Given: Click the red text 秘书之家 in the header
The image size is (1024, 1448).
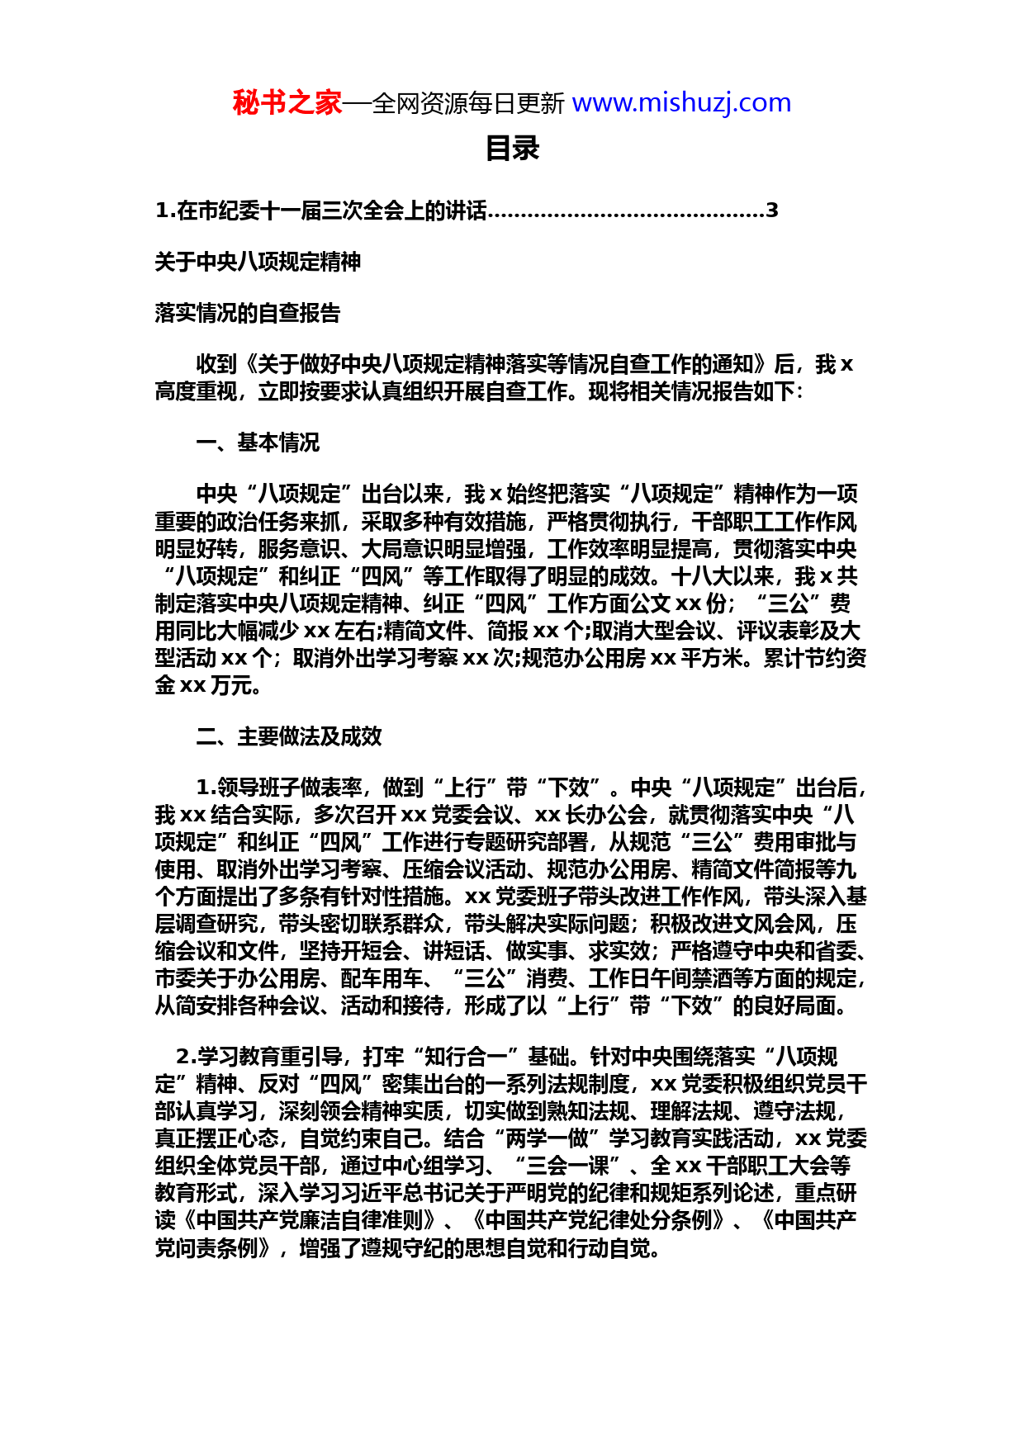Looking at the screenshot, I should coord(287,103).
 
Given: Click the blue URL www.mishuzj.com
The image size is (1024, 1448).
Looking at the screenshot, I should coord(681,103).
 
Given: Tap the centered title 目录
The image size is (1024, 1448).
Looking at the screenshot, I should coord(512,149).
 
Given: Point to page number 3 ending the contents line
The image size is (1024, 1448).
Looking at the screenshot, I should coord(772,211).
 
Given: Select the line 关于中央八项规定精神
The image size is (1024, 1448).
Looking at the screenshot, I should coord(258,263).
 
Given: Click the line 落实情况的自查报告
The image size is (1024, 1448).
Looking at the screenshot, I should coord(247,314).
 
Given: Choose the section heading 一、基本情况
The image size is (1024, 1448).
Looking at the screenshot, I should coord(258,443).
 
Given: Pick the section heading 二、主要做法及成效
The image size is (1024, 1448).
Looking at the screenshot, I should coord(289,736).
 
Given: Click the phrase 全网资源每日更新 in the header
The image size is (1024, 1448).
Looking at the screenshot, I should coord(468,104).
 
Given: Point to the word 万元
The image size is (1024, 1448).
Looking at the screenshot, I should coord(231,686).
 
